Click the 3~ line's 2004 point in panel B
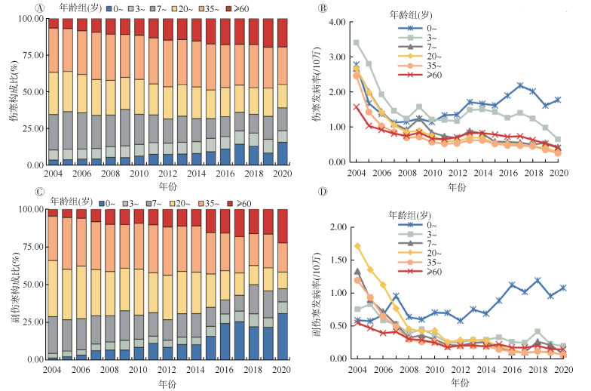pos(357,42)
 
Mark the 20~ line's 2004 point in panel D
pos(357,245)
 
